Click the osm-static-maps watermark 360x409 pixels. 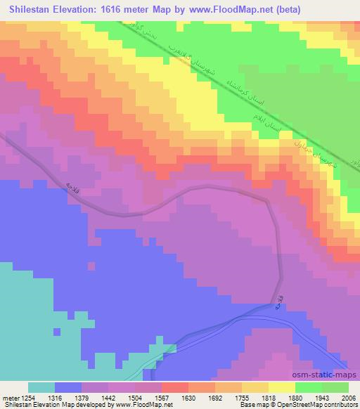click(x=323, y=375)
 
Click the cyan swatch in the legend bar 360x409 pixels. click(x=41, y=387)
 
